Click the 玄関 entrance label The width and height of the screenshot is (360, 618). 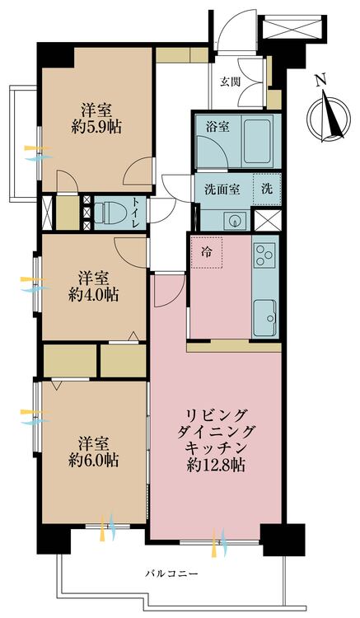point(230,82)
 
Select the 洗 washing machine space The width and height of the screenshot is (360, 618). point(267,190)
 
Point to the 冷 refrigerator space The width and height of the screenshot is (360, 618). point(207,252)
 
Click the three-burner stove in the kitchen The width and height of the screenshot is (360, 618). point(264,255)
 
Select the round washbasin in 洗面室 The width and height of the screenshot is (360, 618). point(235,220)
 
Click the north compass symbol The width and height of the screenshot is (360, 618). point(329,115)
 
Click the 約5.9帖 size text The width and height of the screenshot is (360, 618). point(96,127)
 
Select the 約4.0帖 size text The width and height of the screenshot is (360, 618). point(93,295)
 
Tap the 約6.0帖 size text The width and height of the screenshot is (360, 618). point(93,461)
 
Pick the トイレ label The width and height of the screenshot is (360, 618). point(135,213)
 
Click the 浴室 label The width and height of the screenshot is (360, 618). point(217,127)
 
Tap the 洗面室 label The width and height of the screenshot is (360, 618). point(222,190)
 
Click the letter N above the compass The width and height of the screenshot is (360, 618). point(322,81)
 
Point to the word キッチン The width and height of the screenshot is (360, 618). point(216,449)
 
